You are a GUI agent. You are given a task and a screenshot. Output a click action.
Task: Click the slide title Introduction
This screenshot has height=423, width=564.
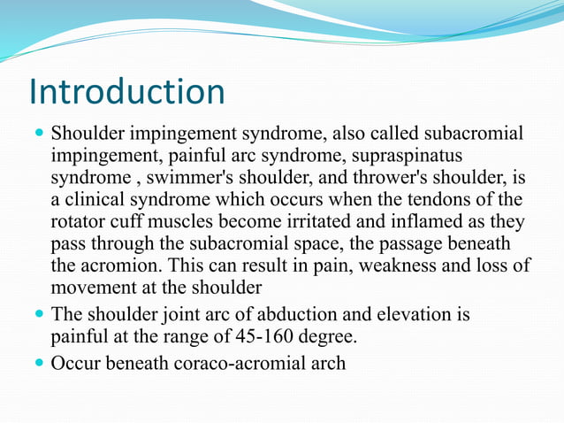[126, 92]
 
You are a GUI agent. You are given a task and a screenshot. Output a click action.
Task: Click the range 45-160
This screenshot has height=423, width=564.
[252, 336]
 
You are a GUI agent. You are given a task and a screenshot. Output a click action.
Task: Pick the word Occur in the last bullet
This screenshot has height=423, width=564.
[78, 363]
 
